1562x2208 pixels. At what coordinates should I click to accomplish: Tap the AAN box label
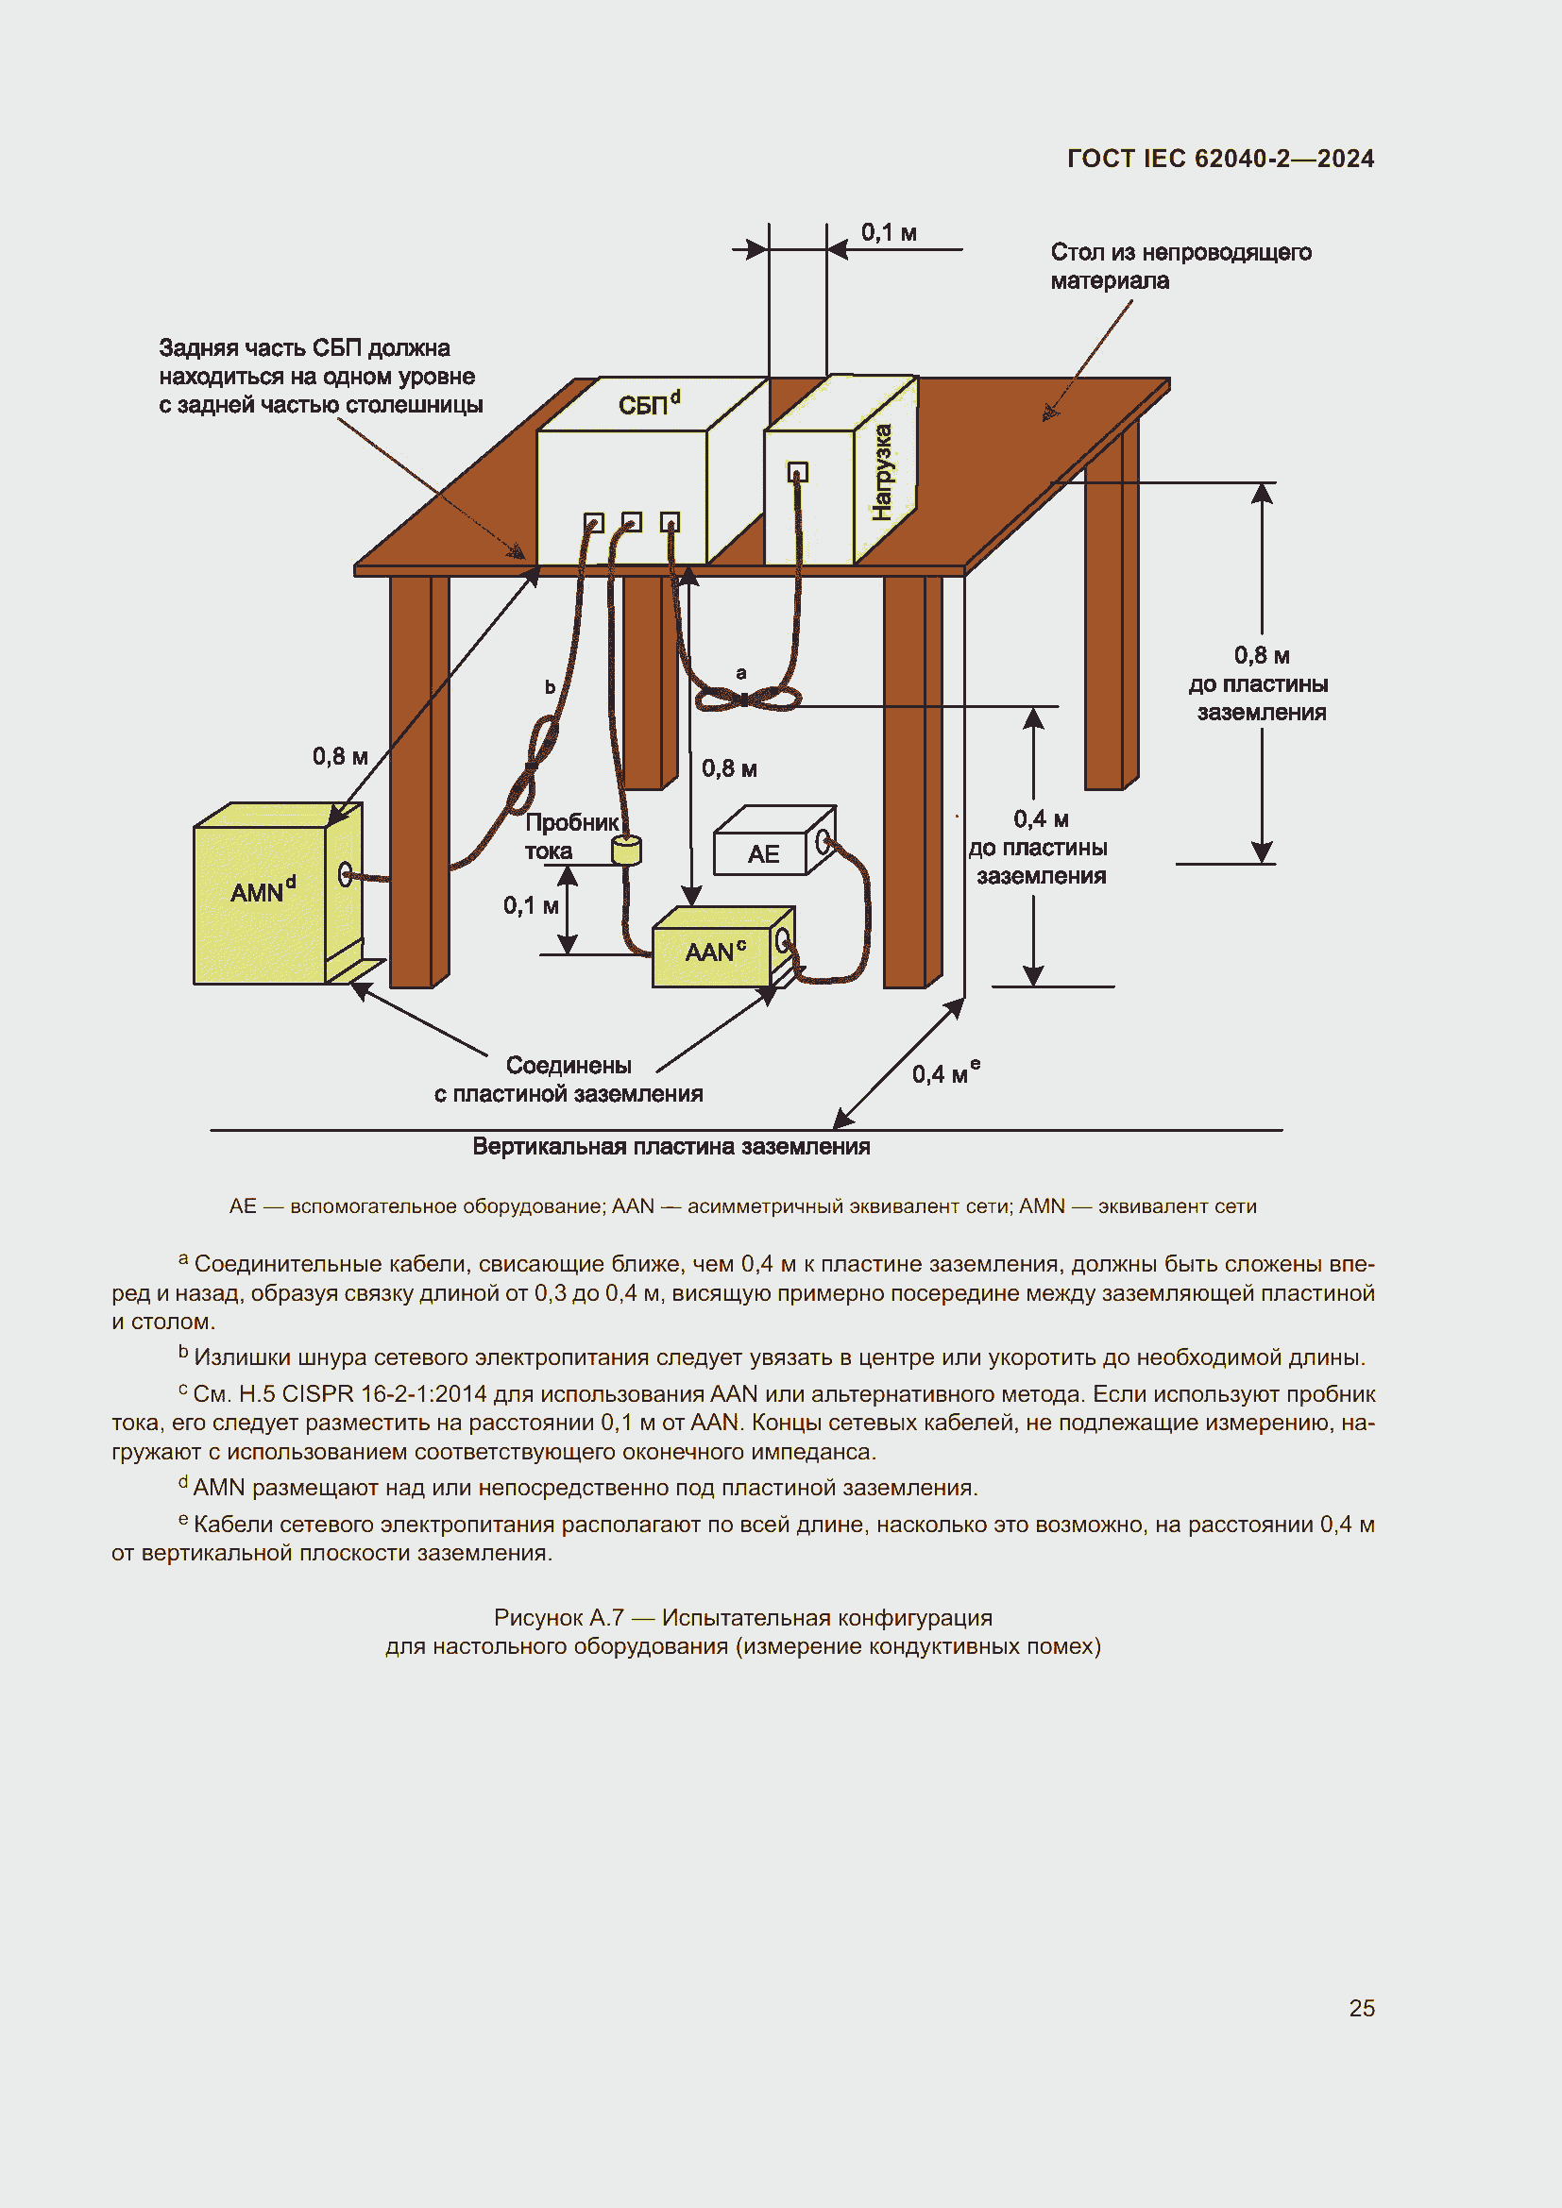[715, 952]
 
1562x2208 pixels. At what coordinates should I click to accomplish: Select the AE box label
[763, 854]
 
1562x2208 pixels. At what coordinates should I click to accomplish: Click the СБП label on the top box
[647, 404]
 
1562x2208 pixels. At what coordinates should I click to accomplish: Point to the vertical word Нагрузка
[882, 472]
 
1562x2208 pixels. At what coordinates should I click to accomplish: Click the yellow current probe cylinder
[626, 850]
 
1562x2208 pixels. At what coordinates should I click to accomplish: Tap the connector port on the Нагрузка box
[797, 472]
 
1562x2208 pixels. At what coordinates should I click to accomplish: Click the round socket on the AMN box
[345, 874]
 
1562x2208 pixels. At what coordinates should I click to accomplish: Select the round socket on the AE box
[823, 843]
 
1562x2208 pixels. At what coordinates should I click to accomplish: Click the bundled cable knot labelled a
[746, 699]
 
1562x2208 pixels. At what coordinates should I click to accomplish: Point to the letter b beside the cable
[551, 686]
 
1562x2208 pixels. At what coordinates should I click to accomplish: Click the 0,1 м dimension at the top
[888, 233]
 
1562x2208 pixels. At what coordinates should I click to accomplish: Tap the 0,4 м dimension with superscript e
[945, 1072]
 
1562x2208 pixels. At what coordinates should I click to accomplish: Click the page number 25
[1361, 2008]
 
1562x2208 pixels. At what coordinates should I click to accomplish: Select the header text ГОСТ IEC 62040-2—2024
[1219, 159]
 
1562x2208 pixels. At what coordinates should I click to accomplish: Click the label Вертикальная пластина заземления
[671, 1146]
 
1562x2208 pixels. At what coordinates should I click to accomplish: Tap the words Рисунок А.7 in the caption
[558, 1618]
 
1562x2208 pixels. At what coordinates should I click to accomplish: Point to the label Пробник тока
[571, 835]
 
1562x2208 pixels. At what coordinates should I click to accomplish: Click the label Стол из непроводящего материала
[1180, 265]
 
